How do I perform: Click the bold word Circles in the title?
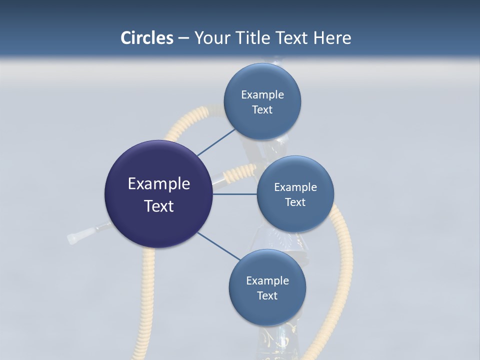coord(147,38)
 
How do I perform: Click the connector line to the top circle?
coord(216,142)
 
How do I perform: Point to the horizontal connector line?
coord(235,194)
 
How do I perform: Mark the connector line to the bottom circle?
coord(219,246)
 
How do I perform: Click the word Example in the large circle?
coord(159,184)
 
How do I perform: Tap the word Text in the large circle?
coord(159,206)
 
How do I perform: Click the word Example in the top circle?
coord(262,95)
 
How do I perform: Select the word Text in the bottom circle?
coord(267,295)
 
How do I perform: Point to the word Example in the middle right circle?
coord(295,187)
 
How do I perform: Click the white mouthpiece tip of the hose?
coord(73,237)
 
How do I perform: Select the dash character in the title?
coord(183,38)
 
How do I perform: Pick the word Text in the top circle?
coord(262,110)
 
